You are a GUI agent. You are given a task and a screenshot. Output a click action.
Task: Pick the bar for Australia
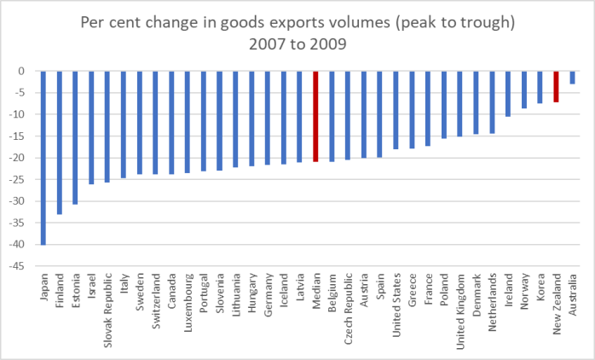pos(572,78)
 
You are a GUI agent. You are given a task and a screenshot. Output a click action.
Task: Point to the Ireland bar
pos(509,94)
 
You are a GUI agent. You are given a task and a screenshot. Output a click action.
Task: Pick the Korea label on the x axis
pos(541,287)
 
